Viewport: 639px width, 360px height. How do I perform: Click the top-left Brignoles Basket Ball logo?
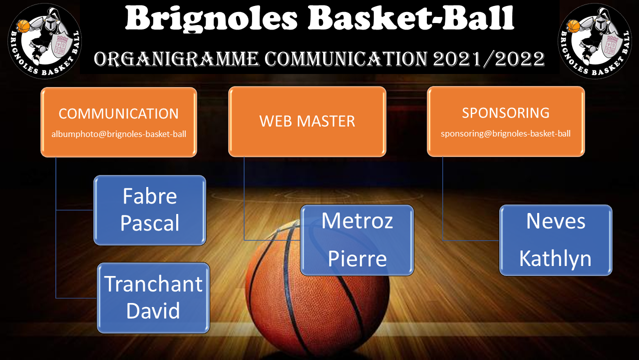coord(45,41)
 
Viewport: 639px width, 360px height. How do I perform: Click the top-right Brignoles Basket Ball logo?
coord(595,41)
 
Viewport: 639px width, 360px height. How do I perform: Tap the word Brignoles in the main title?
coord(211,19)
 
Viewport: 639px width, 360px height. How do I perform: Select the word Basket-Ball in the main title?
coord(411,17)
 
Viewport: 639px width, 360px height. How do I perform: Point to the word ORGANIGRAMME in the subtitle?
coord(176,59)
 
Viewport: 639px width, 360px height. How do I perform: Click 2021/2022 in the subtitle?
coord(488,59)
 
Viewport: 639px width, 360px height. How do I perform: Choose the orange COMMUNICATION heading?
coord(119,113)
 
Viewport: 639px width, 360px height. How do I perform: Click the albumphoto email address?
coord(119,134)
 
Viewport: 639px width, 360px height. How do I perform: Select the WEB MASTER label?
coord(307,121)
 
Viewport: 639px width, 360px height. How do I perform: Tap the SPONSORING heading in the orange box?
coord(506,113)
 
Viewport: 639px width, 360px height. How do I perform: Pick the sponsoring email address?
coord(506,133)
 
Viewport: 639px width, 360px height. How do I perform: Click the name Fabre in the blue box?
coord(150,196)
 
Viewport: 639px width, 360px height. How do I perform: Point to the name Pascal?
coord(150,222)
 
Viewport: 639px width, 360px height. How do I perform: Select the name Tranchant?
coord(153,284)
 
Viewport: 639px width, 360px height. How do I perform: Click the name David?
coord(153,310)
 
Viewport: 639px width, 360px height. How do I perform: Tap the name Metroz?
coord(357,220)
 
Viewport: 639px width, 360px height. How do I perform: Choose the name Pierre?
coord(357,258)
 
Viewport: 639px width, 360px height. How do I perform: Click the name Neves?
coord(556,221)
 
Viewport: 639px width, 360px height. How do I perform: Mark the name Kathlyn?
coord(556,258)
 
